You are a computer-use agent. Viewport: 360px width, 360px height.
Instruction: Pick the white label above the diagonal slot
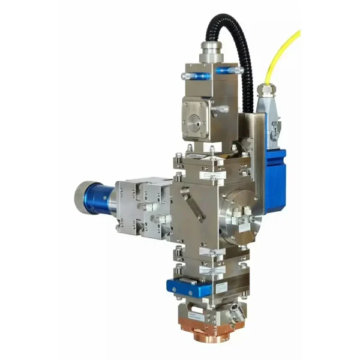coord(207,176)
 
